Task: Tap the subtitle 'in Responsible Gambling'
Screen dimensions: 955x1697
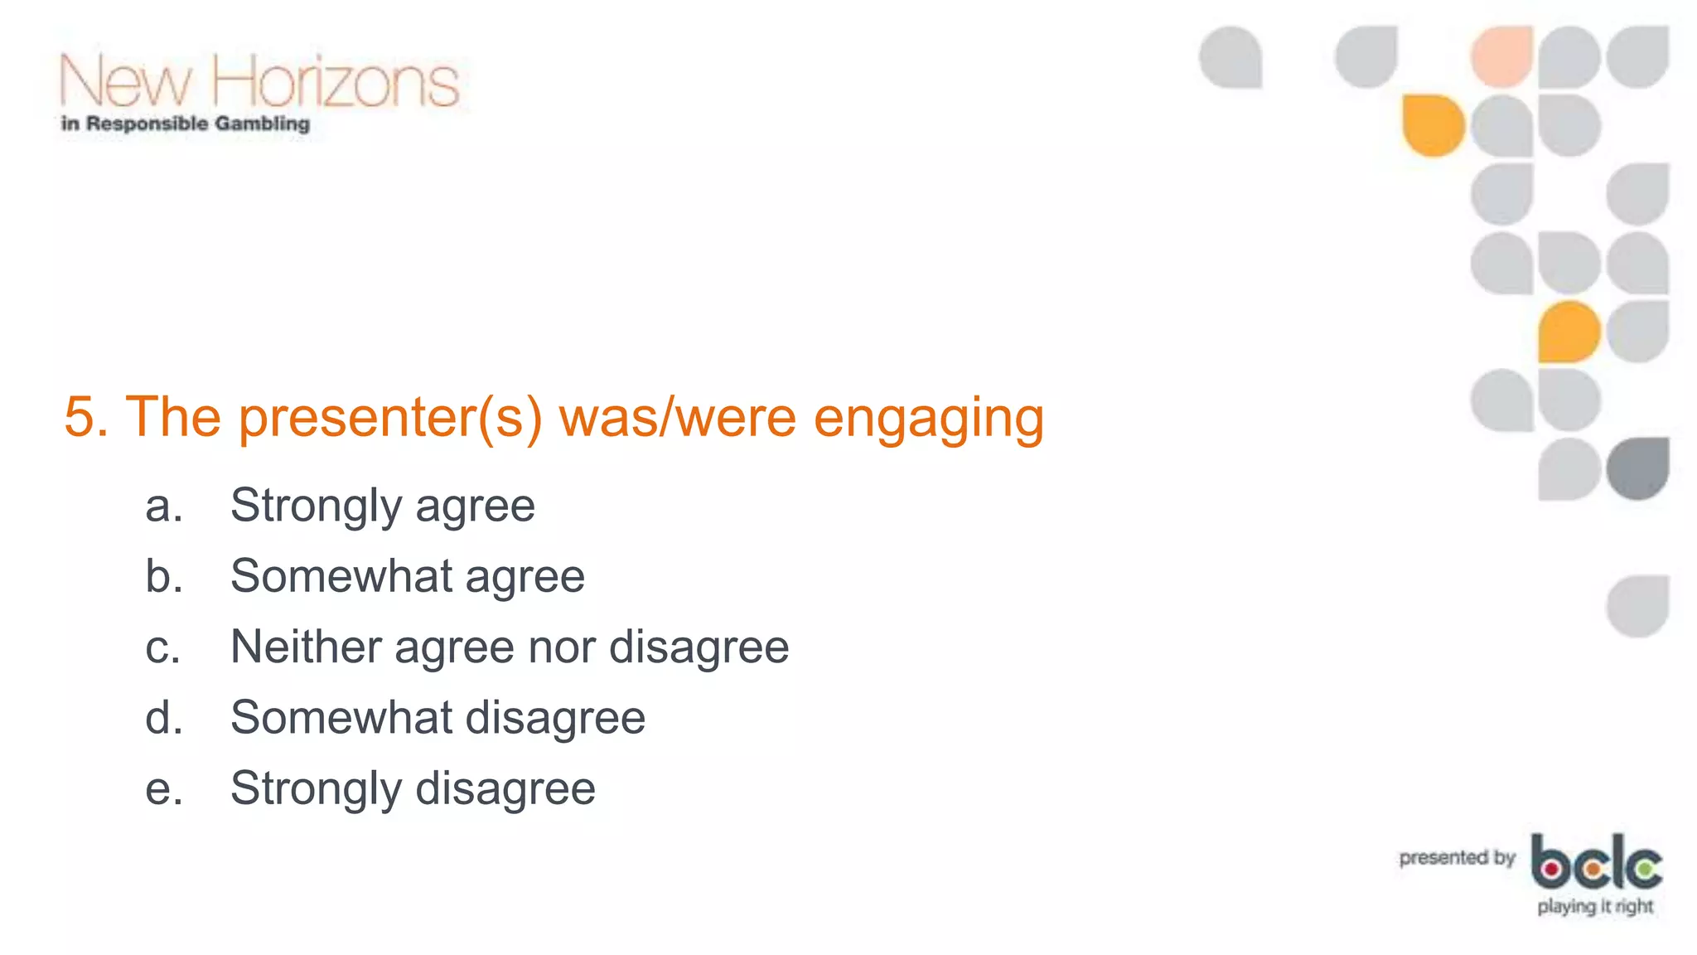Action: point(186,124)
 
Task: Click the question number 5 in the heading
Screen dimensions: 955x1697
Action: point(80,416)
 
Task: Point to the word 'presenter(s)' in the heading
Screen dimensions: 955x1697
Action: point(390,418)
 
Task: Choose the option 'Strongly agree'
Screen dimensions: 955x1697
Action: point(383,507)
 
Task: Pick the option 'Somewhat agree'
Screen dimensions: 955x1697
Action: point(408,576)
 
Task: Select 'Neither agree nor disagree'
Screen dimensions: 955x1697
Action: point(510,647)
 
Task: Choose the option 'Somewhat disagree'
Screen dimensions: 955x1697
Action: point(438,718)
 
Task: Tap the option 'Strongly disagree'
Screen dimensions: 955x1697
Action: point(413,788)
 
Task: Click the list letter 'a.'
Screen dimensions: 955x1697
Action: point(163,507)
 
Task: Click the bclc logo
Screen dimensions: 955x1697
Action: point(1596,862)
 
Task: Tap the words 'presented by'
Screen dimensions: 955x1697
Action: point(1457,858)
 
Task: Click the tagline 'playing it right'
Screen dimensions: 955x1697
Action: point(1595,907)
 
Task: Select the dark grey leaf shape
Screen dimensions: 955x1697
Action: point(1637,468)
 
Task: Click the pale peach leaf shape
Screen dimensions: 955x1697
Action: point(1501,56)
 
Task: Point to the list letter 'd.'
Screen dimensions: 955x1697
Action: point(163,718)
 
